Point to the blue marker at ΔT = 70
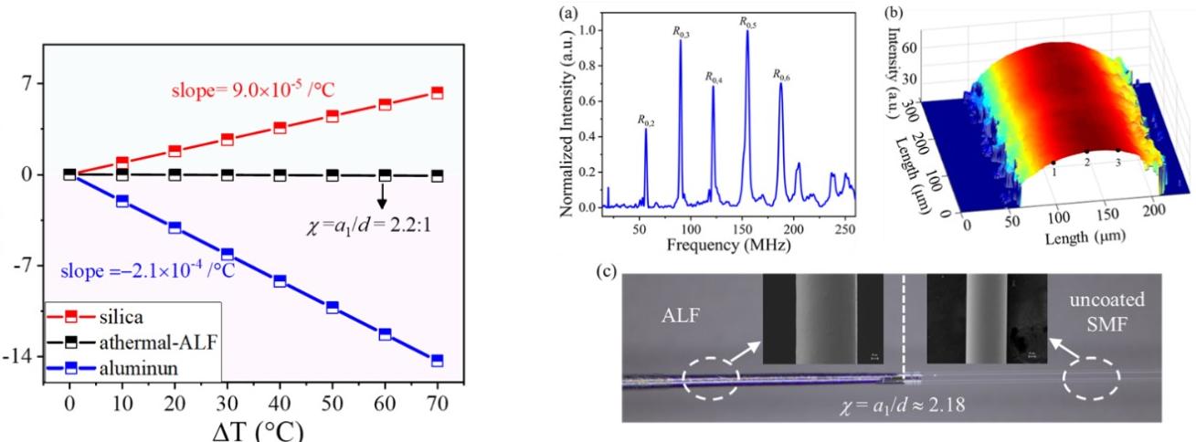point(437,361)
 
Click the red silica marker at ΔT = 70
point(437,92)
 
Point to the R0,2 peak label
point(647,120)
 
